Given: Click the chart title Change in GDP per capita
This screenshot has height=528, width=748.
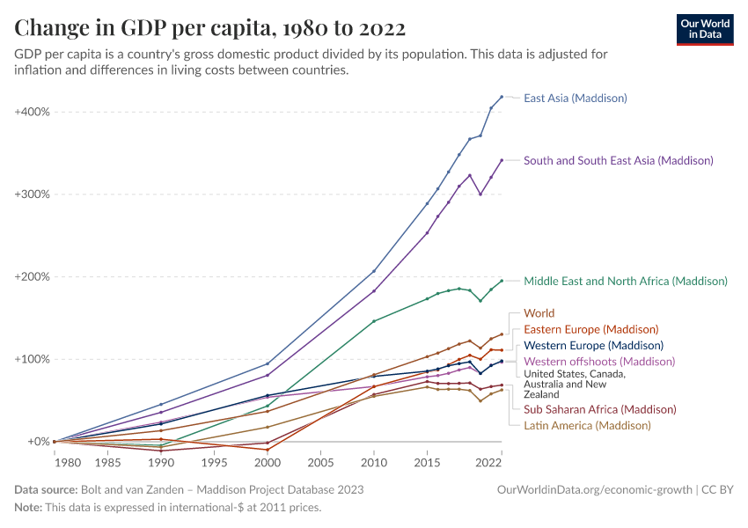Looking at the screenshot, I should pyautogui.click(x=210, y=28).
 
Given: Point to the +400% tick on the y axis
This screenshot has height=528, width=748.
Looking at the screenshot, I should pyautogui.click(x=33, y=112).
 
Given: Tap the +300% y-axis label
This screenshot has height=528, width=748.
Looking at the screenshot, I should pyautogui.click(x=33, y=194).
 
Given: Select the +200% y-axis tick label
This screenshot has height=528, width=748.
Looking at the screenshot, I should pyautogui.click(x=33, y=276).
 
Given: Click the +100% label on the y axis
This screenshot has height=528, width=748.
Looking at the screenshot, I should pyautogui.click(x=33, y=359).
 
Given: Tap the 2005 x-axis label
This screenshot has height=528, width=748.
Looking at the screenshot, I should pyautogui.click(x=320, y=462).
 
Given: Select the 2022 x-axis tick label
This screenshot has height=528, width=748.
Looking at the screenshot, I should pyautogui.click(x=488, y=462).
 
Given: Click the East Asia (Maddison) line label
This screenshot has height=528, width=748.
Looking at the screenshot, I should pyautogui.click(x=576, y=98).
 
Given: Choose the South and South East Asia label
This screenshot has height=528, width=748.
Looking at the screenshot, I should pyautogui.click(x=619, y=160).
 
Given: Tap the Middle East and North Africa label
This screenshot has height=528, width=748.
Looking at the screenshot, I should pyautogui.click(x=626, y=282).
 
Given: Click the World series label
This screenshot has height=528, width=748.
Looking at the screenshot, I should pyautogui.click(x=539, y=313).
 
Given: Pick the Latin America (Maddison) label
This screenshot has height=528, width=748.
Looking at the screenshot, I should pyautogui.click(x=587, y=425).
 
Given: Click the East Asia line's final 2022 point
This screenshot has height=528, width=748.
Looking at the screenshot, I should pyautogui.click(x=502, y=97).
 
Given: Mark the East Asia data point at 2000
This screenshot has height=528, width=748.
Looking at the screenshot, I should pyautogui.click(x=268, y=363).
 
